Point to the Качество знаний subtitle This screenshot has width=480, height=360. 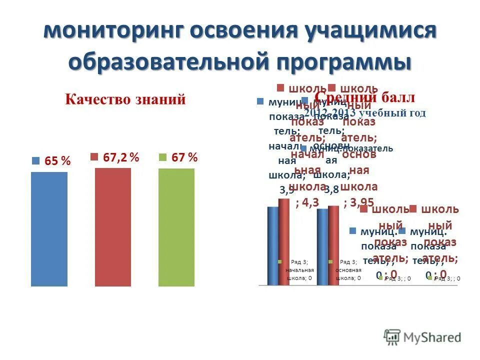click(125, 99)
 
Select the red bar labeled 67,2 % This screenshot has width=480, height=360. click(113, 227)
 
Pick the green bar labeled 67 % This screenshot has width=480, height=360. click(176, 227)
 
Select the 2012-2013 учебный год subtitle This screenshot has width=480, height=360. click(365, 113)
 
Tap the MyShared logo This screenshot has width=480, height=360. click(422, 337)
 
